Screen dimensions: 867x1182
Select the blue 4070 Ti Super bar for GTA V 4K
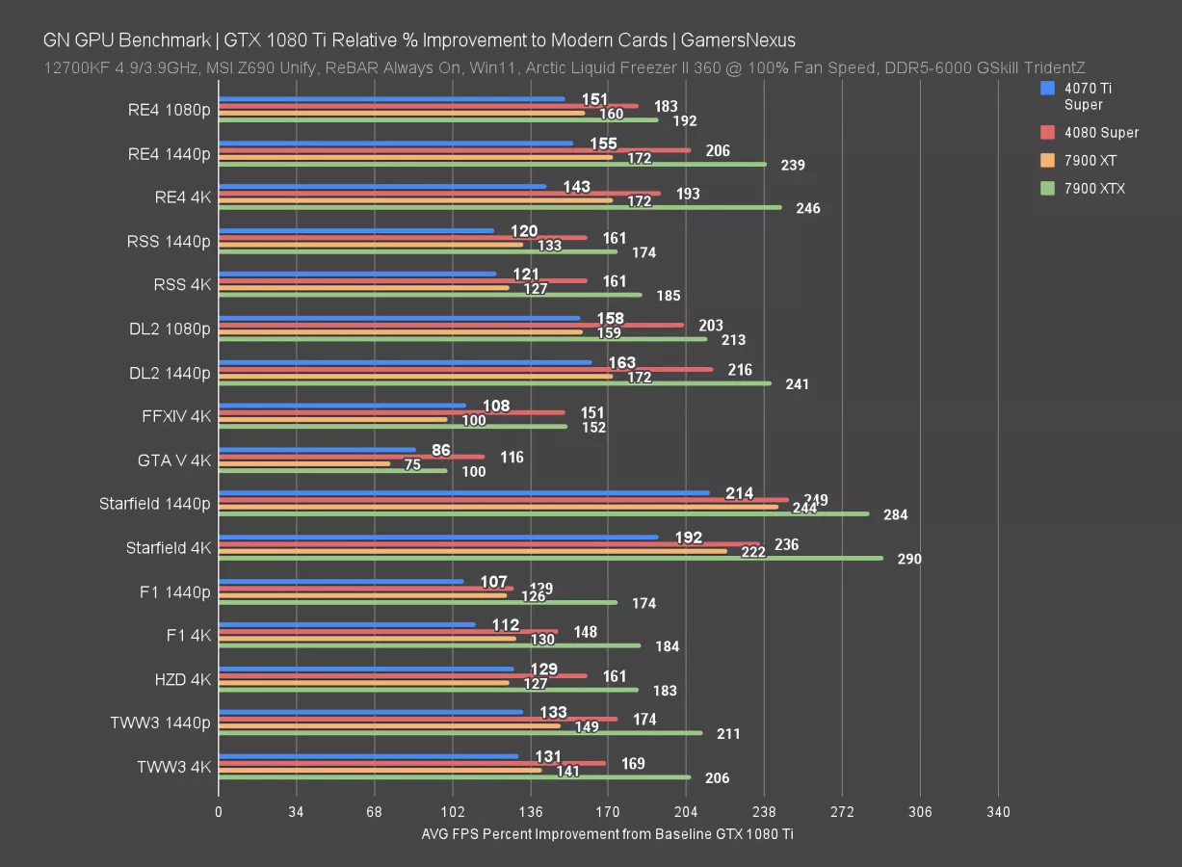pos(318,449)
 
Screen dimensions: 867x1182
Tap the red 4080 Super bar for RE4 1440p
pos(455,150)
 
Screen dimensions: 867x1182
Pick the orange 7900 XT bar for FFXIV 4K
pos(333,419)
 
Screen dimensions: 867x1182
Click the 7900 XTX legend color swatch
pos(1048,188)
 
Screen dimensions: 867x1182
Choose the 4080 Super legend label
pos(1101,132)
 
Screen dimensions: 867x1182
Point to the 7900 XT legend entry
pos(1090,160)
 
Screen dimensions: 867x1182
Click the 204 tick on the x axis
pos(686,812)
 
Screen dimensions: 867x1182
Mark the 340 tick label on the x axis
pos(998,812)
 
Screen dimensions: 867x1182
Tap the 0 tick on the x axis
pos(219,812)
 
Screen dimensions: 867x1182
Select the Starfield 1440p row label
pos(154,504)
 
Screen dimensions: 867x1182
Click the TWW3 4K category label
pos(173,767)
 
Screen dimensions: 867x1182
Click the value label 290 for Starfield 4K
pos(909,559)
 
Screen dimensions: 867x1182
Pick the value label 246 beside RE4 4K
pos(807,208)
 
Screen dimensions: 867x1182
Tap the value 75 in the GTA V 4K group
pos(412,464)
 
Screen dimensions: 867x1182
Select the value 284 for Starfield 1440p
pos(895,514)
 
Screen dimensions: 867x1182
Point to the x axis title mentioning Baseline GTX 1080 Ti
pos(607,834)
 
